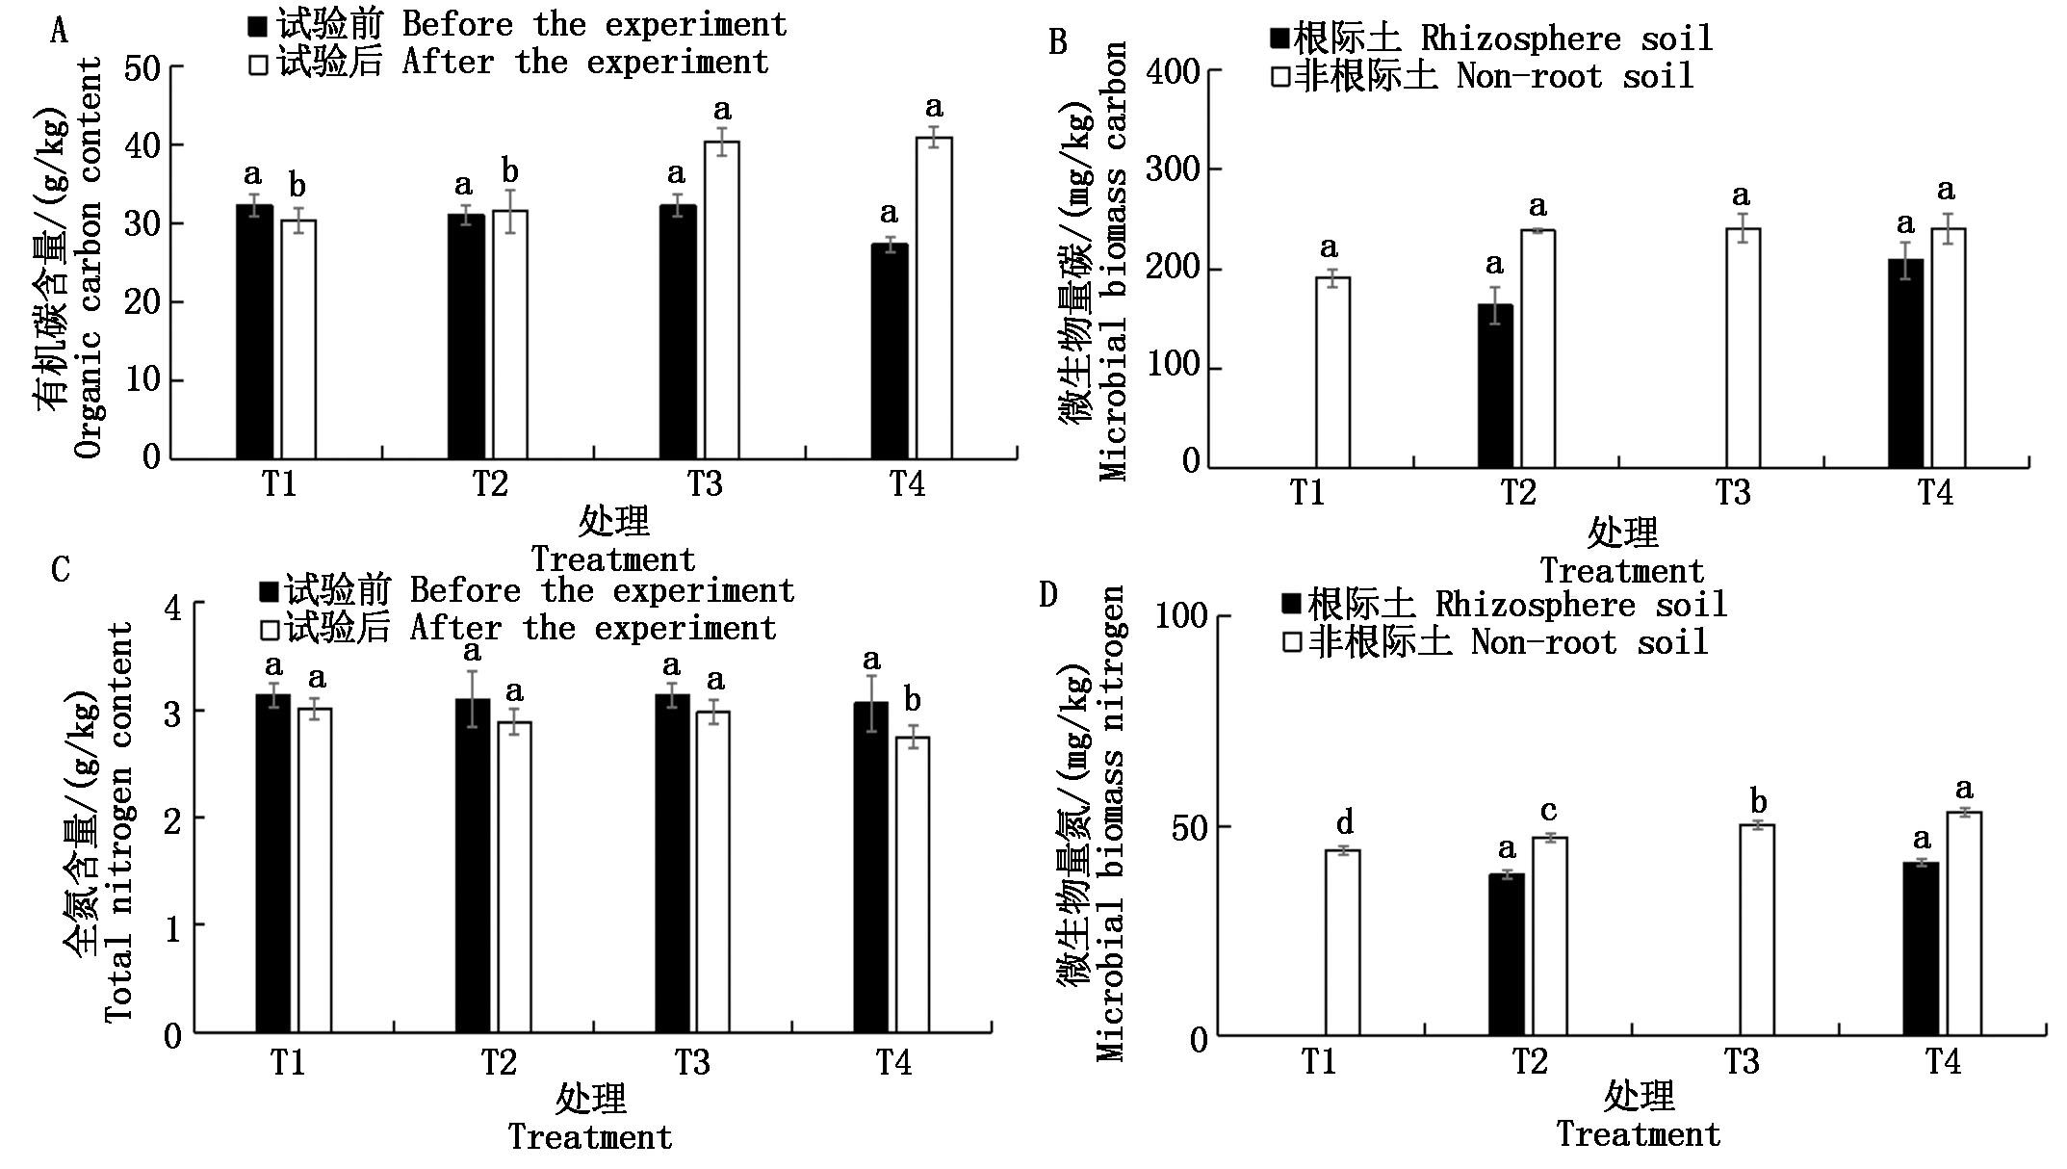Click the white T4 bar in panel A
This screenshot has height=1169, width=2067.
(x=933, y=299)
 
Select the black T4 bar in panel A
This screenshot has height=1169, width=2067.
(x=890, y=351)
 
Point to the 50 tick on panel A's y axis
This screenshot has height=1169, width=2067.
(x=142, y=68)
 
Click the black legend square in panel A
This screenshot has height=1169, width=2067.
(x=258, y=26)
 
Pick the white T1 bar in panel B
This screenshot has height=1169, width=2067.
(x=1332, y=373)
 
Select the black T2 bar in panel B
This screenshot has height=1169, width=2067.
(x=1495, y=386)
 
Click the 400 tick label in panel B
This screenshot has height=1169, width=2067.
(x=1174, y=73)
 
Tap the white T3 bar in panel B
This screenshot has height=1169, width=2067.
(x=1743, y=349)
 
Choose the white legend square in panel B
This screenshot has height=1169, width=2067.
(x=1280, y=77)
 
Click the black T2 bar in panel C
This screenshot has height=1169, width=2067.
(x=472, y=866)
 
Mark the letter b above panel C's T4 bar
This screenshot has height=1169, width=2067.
(x=912, y=700)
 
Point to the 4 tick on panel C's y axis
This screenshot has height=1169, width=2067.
(x=173, y=608)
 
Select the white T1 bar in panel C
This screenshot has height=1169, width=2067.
(x=315, y=870)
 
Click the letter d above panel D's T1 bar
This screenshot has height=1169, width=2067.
(x=1345, y=822)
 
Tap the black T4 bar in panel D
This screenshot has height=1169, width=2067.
(x=1921, y=948)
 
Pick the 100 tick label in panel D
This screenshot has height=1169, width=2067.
(x=1180, y=616)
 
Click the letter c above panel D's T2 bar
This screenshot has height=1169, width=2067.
(x=1548, y=811)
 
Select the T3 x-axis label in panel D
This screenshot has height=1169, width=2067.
(x=1741, y=1062)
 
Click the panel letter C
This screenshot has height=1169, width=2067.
(x=60, y=569)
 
